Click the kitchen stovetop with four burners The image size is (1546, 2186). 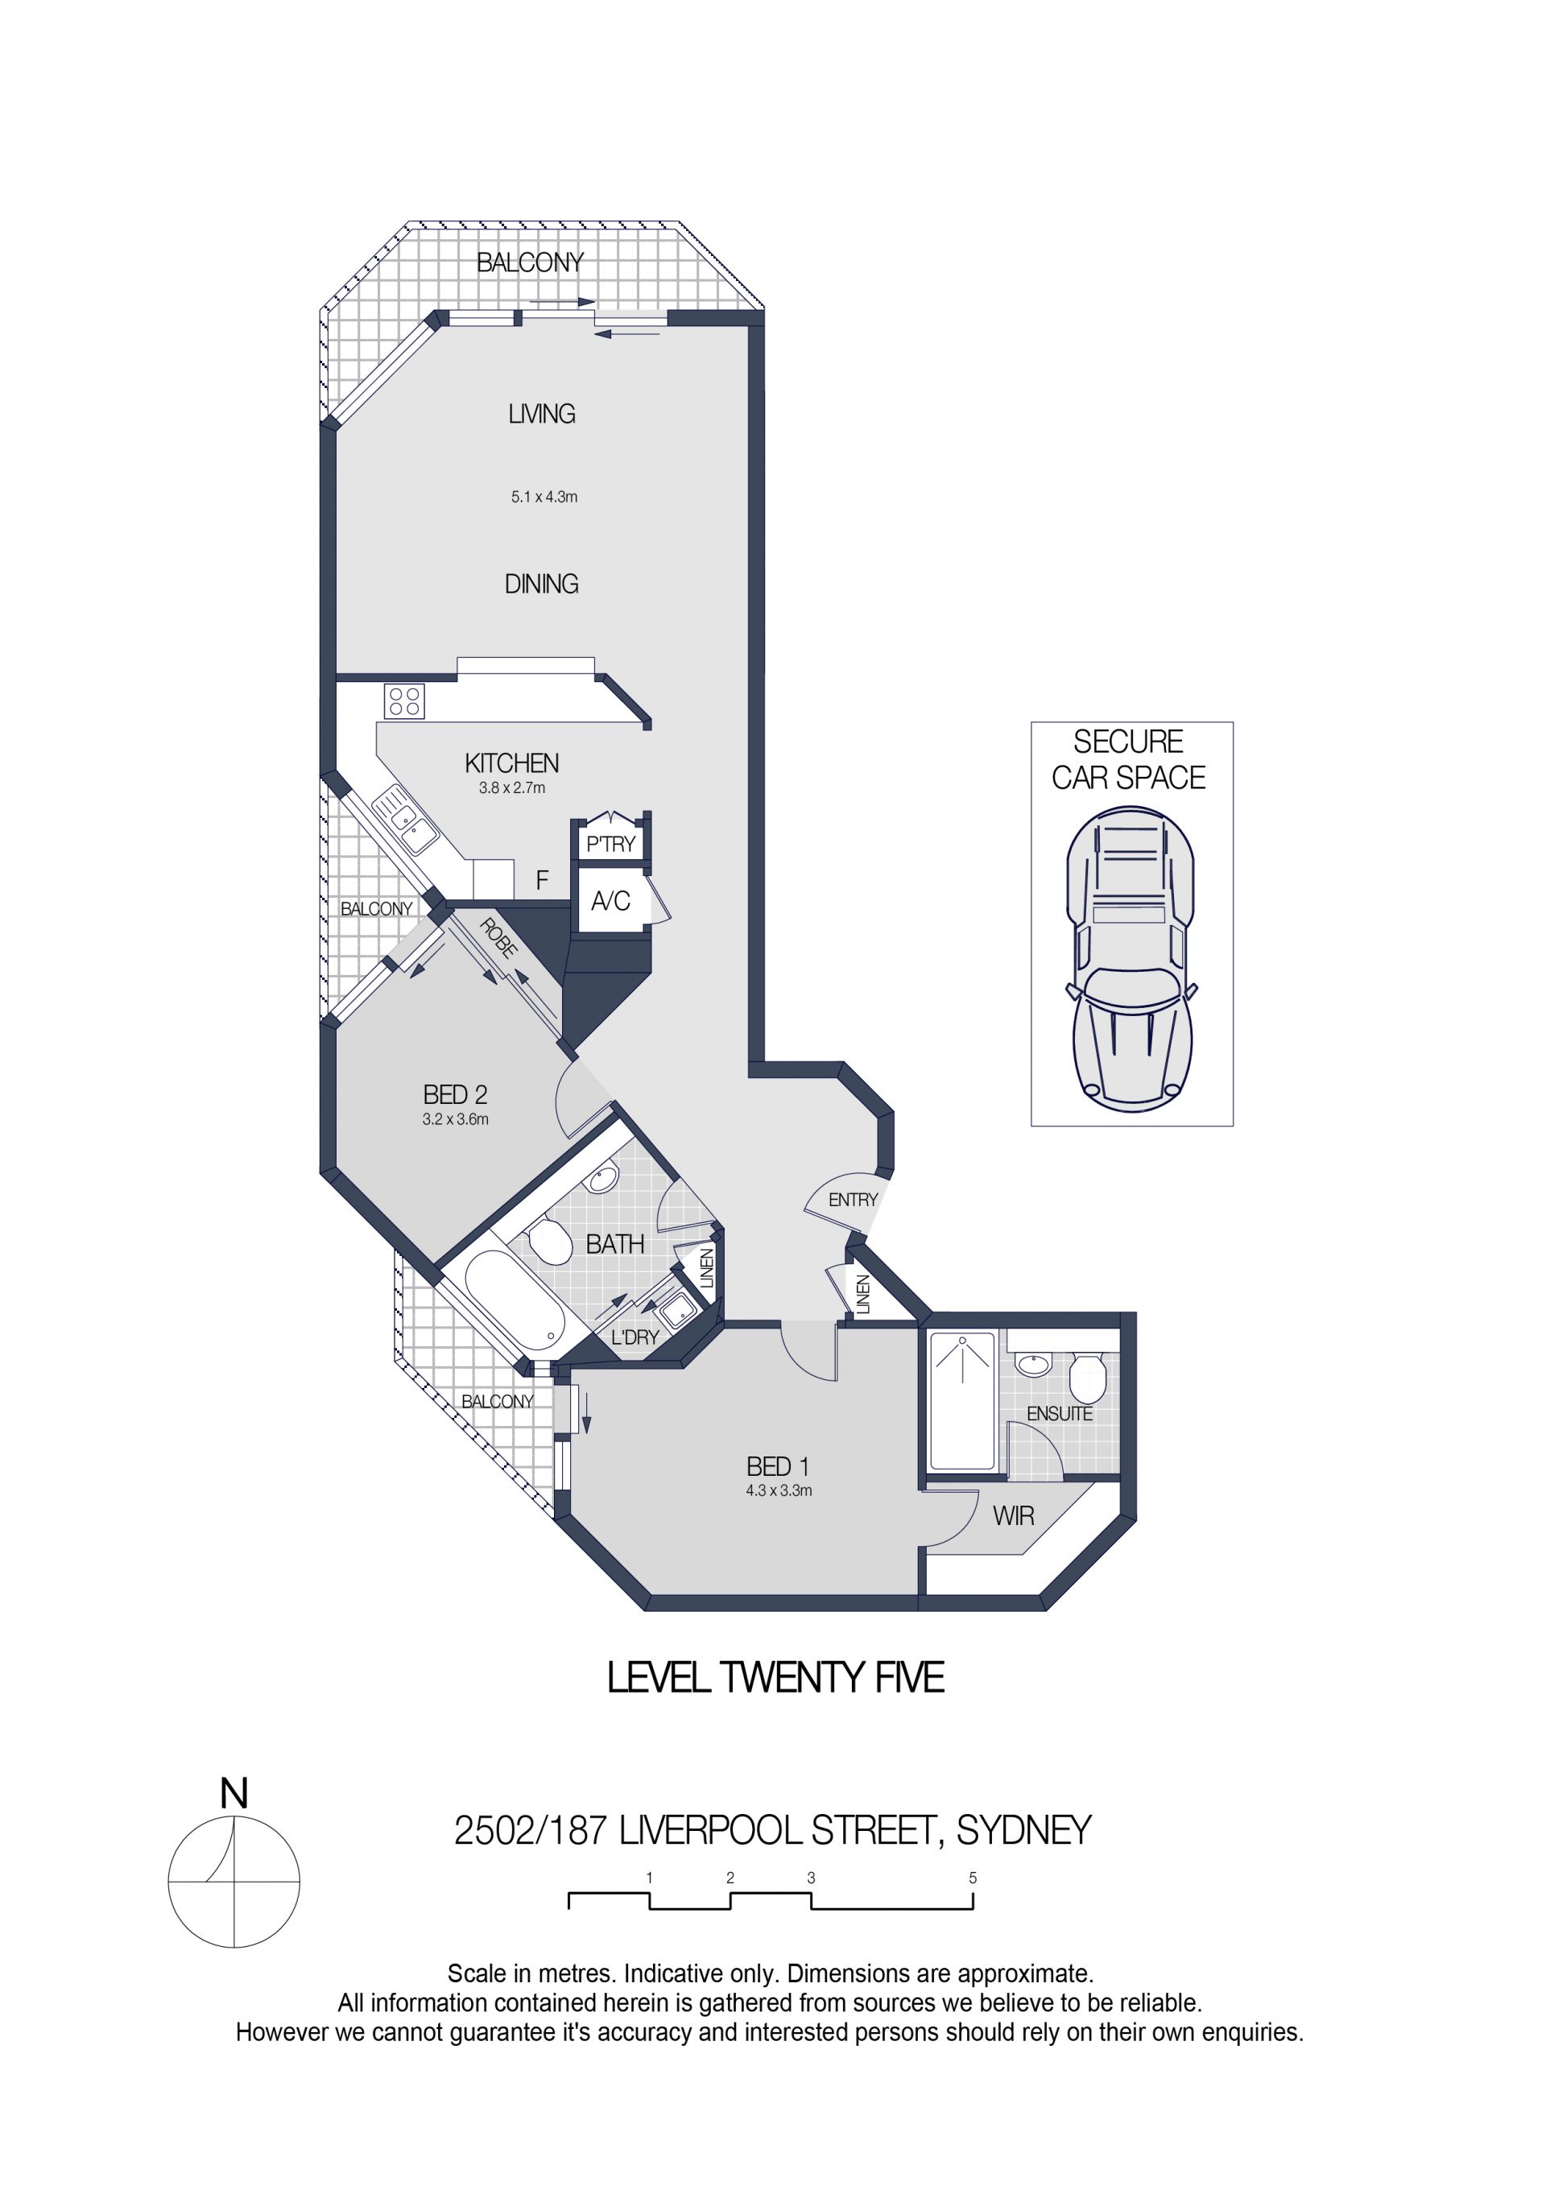pyautogui.click(x=404, y=701)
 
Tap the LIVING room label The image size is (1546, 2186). pyautogui.click(x=542, y=414)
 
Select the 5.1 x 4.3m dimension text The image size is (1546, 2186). pyautogui.click(x=544, y=497)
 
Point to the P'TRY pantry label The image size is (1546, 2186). pyautogui.click(x=610, y=845)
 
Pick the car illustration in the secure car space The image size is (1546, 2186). pyautogui.click(x=1131, y=959)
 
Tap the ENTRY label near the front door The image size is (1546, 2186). pyautogui.click(x=852, y=1200)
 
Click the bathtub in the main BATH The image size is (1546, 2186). pyautogui.click(x=512, y=1300)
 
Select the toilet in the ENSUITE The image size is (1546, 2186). pyautogui.click(x=1087, y=1378)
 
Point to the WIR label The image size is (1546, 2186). pyautogui.click(x=1013, y=1517)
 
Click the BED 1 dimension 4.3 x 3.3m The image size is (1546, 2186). pyautogui.click(x=779, y=1491)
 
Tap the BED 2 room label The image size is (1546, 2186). pyautogui.click(x=455, y=1095)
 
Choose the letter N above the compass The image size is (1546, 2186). pyautogui.click(x=234, y=1794)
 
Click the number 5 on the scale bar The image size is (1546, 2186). pyautogui.click(x=973, y=1878)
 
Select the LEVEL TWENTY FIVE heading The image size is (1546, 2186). pyautogui.click(x=776, y=1678)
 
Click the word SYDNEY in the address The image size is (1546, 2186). pyautogui.click(x=1023, y=1831)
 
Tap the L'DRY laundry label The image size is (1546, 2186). pyautogui.click(x=635, y=1337)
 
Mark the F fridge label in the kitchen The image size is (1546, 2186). pyautogui.click(x=542, y=881)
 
